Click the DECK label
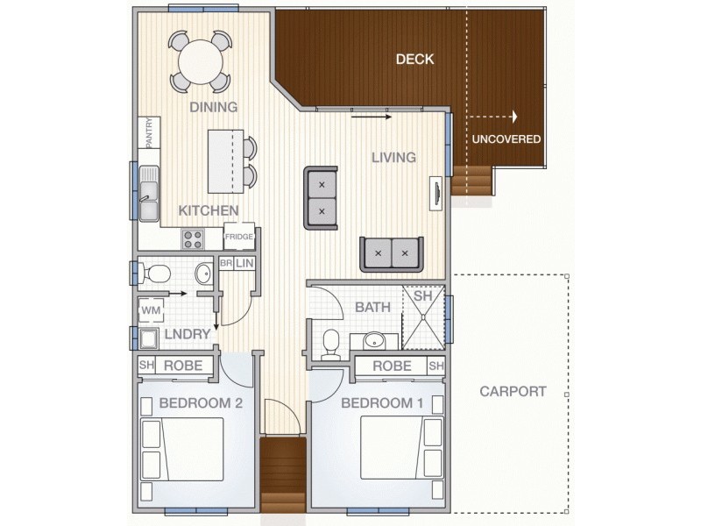coord(414,60)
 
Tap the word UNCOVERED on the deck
coord(506,139)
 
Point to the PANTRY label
coord(150,132)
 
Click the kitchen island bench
coord(224,161)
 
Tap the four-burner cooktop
coord(192,238)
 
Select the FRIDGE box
coord(239,237)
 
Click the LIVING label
coord(393,158)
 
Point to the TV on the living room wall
coord(435,193)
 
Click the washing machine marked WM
coord(151,309)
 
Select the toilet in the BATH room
coord(331,345)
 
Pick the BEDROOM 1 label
coord(382,403)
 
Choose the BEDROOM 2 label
coord(201,403)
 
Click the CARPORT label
coord(513,391)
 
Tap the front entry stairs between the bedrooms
coord(283,475)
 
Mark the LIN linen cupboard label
coord(245,263)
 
